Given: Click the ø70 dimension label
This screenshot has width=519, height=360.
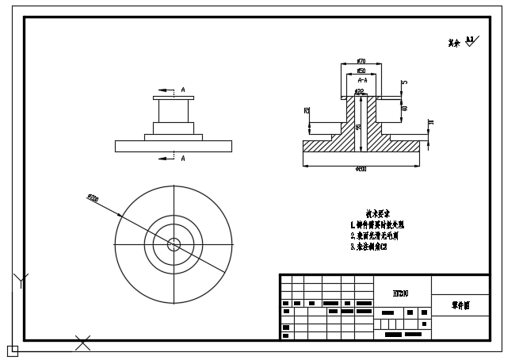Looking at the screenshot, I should click(361, 61).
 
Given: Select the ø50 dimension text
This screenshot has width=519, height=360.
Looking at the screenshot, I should click(361, 71).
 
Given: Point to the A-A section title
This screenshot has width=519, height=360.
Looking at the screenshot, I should click(362, 80).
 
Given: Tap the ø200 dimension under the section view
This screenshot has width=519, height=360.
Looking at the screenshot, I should click(361, 169).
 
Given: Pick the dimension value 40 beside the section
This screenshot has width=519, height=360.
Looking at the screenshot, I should click(404, 109).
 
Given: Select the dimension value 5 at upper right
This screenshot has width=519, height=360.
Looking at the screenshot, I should click(404, 82).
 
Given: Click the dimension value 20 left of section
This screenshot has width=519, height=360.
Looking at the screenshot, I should click(307, 111).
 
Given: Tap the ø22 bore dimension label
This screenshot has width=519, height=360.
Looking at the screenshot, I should click(359, 93).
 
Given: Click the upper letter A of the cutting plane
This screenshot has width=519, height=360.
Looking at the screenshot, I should click(183, 90).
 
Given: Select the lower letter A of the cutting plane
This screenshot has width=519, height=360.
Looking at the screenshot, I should click(183, 159).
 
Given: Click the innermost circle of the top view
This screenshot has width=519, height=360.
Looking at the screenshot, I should click(174, 243).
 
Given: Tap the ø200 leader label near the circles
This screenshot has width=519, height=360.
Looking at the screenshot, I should click(92, 197).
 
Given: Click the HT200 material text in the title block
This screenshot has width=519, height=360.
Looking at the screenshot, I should click(401, 293).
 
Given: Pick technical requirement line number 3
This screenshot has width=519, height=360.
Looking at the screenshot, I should click(368, 247).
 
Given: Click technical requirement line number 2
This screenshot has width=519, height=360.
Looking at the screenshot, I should click(375, 236).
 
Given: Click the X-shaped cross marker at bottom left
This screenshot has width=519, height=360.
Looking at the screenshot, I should click(82, 343).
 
